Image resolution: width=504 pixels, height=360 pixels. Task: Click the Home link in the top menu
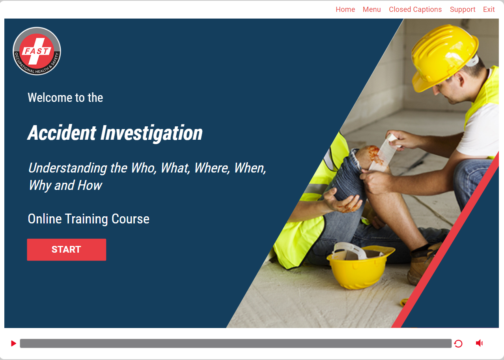[x=345, y=9]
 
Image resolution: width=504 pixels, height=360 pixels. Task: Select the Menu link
[x=372, y=9]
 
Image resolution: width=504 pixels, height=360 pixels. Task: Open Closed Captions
[x=415, y=9]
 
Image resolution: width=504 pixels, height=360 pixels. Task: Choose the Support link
[x=462, y=10]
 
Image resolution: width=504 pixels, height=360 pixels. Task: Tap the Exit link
[x=489, y=9]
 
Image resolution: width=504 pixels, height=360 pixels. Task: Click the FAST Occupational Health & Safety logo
[x=37, y=51]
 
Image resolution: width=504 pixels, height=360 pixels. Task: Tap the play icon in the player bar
[x=13, y=343]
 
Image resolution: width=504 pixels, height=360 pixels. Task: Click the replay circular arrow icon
[x=458, y=343]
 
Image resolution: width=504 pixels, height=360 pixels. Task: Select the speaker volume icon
[x=479, y=343]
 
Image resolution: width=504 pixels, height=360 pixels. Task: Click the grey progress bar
[x=235, y=343]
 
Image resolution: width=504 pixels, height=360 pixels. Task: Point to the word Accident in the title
[x=62, y=133]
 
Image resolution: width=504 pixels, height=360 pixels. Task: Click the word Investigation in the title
[x=151, y=133]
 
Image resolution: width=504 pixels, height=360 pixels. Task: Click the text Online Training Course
[x=88, y=219]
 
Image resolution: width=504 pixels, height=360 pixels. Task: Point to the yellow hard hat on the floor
[x=360, y=266]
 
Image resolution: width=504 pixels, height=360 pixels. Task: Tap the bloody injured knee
[x=373, y=156]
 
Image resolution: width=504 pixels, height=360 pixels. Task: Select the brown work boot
[x=423, y=264]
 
